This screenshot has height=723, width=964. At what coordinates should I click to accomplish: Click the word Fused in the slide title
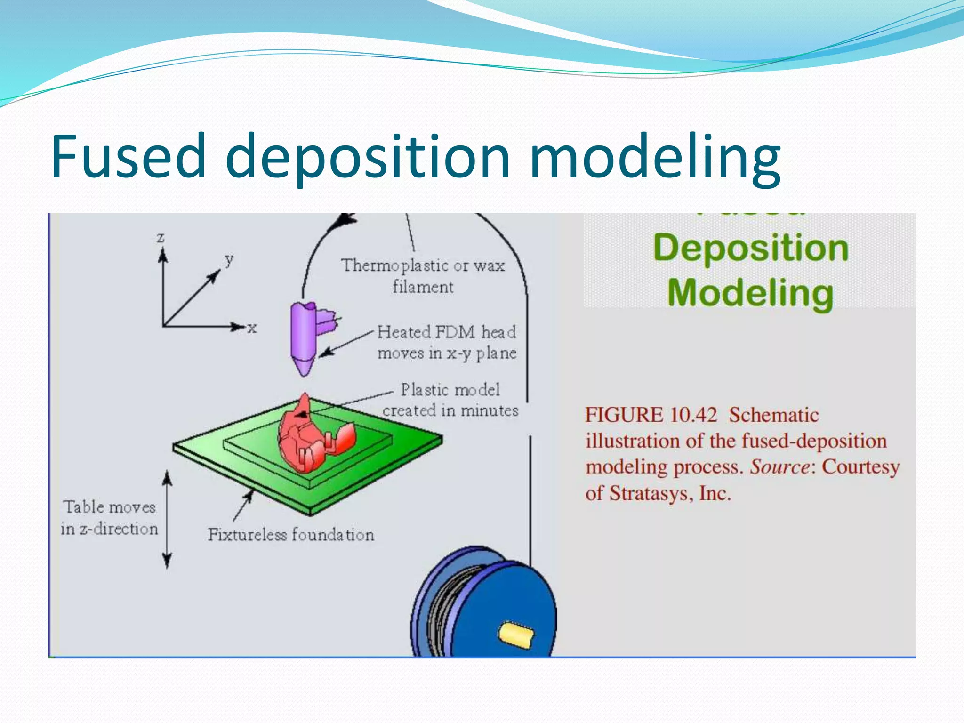[128, 156]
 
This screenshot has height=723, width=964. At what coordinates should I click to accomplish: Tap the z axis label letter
[161, 237]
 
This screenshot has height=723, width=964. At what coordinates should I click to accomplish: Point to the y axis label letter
[229, 259]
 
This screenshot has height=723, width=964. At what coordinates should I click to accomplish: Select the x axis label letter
[252, 328]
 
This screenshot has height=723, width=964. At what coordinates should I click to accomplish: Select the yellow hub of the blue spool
[516, 634]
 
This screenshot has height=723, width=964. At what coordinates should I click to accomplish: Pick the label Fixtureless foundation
[291, 535]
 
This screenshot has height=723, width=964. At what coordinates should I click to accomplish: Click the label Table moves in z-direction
[109, 518]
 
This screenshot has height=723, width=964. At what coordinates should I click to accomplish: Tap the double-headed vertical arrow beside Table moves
[167, 520]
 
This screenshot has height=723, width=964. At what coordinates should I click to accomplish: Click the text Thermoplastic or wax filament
[422, 276]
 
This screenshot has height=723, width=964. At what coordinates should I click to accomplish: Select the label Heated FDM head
[446, 332]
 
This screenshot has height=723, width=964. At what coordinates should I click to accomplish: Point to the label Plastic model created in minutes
[450, 400]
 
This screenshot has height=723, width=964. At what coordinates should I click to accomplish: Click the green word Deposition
[750, 249]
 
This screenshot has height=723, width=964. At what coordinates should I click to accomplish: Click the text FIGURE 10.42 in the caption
[651, 415]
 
